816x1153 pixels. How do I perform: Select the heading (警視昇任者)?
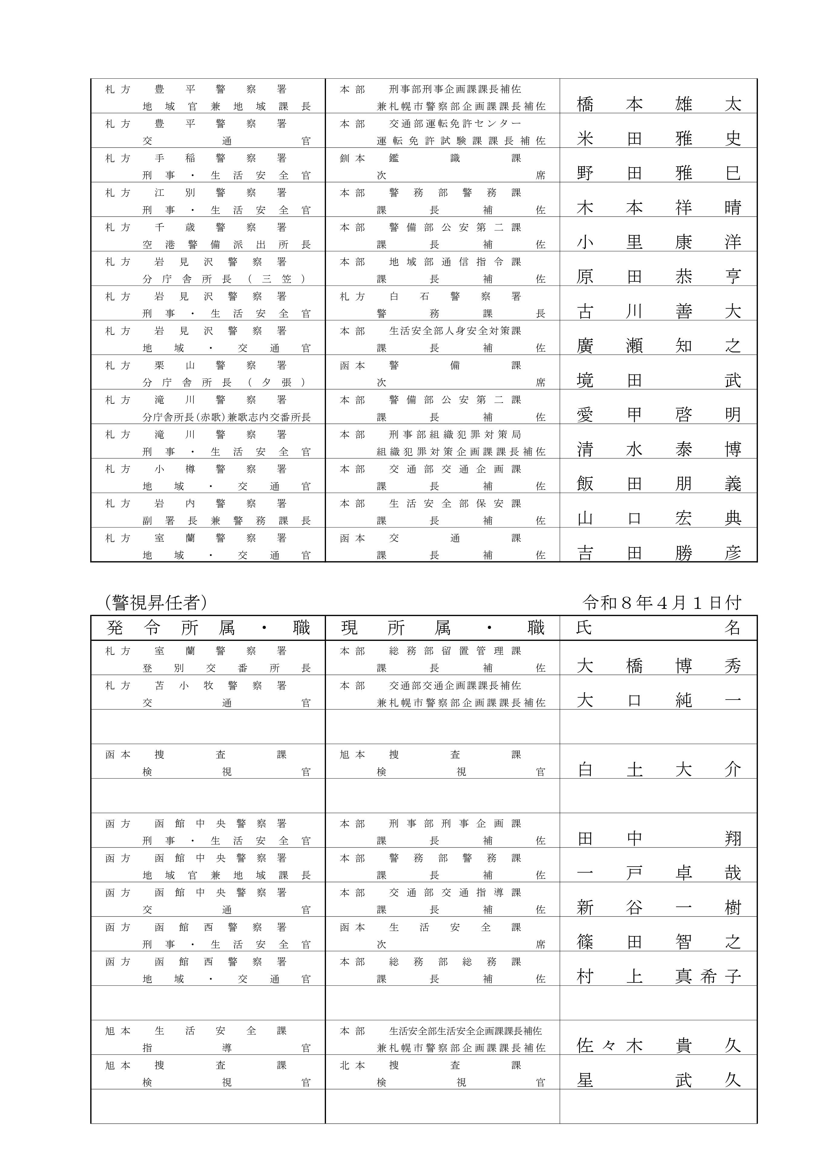click(156, 602)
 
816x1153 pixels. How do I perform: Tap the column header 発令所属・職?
click(208, 628)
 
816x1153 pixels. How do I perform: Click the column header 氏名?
click(658, 628)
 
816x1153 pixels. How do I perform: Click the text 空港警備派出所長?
click(227, 245)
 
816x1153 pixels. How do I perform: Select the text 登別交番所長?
click(227, 668)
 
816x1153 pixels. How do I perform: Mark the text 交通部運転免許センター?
click(455, 123)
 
